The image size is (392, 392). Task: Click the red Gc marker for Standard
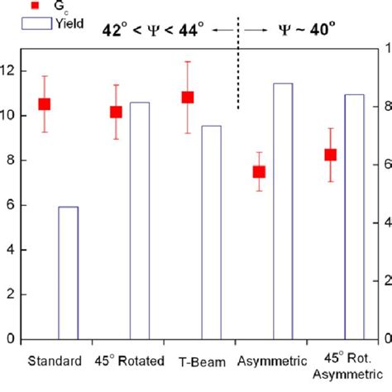click(x=45, y=104)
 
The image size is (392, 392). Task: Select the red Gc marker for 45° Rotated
click(x=117, y=112)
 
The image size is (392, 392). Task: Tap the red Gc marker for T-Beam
click(x=188, y=97)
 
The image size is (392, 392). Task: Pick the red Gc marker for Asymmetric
click(x=259, y=172)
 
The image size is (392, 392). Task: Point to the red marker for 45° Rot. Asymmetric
click(x=331, y=155)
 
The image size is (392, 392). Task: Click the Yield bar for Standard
click(x=68, y=273)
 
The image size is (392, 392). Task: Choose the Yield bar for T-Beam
click(x=212, y=232)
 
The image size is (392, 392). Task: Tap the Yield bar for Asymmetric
click(x=283, y=211)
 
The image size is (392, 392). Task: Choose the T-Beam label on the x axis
click(x=200, y=361)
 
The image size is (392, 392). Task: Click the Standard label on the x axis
click(x=55, y=361)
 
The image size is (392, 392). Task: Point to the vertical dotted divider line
click(x=238, y=74)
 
